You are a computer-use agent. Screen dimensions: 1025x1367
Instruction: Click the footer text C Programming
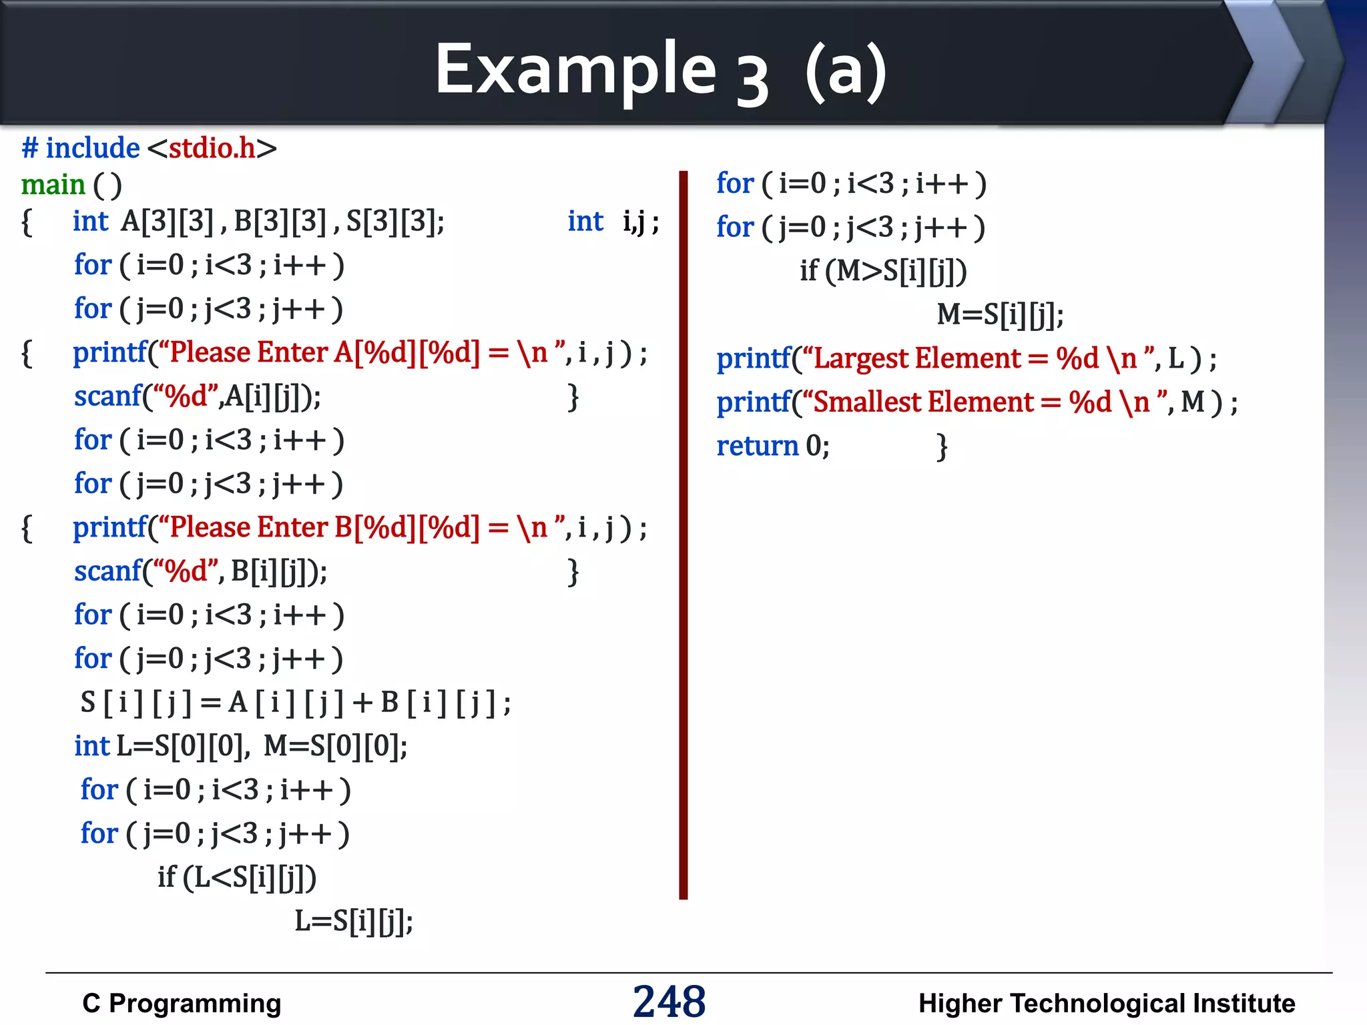pyautogui.click(x=182, y=1003)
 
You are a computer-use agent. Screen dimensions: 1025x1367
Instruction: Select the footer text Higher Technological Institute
pyautogui.click(x=1106, y=1003)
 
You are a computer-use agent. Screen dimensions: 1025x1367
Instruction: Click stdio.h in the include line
pyautogui.click(x=212, y=148)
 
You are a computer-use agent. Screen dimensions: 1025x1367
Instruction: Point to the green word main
pyautogui.click(x=53, y=185)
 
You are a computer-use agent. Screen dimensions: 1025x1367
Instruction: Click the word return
pyautogui.click(x=757, y=446)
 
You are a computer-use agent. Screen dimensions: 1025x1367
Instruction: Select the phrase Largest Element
pyautogui.click(x=917, y=359)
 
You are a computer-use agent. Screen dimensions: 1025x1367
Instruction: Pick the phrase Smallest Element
pyautogui.click(x=923, y=402)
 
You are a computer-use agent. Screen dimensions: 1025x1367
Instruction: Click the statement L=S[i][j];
pyautogui.click(x=354, y=921)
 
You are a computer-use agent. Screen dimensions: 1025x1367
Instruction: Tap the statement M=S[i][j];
pyautogui.click(x=1000, y=314)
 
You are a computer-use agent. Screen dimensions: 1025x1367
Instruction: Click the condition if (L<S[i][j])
pyautogui.click(x=237, y=878)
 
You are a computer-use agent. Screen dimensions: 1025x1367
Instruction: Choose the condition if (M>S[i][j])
pyautogui.click(x=883, y=271)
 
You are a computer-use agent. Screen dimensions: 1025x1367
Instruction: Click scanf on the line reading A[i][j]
pyautogui.click(x=108, y=396)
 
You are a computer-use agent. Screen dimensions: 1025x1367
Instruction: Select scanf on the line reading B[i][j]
pyautogui.click(x=108, y=571)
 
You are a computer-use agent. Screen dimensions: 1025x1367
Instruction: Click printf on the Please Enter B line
pyautogui.click(x=109, y=528)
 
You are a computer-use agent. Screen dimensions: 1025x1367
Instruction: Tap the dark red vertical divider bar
pyautogui.click(x=683, y=534)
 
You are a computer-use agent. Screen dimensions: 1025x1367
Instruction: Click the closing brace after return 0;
pyautogui.click(x=942, y=446)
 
